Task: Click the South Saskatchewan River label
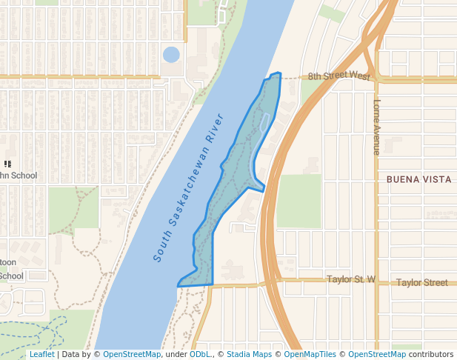click(189, 188)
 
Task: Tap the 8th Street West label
click(339, 76)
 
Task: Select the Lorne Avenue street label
click(377, 127)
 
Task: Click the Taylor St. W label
click(351, 280)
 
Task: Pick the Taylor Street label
click(421, 282)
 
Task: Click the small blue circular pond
click(171, 55)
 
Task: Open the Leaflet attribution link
click(41, 355)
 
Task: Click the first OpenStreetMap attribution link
click(132, 355)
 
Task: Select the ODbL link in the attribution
click(200, 355)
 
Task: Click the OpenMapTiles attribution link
click(310, 355)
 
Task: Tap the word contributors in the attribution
click(430, 355)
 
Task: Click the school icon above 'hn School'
click(7, 164)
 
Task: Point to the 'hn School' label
click(18, 176)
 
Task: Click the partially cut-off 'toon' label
click(8, 262)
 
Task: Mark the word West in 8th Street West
click(358, 76)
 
